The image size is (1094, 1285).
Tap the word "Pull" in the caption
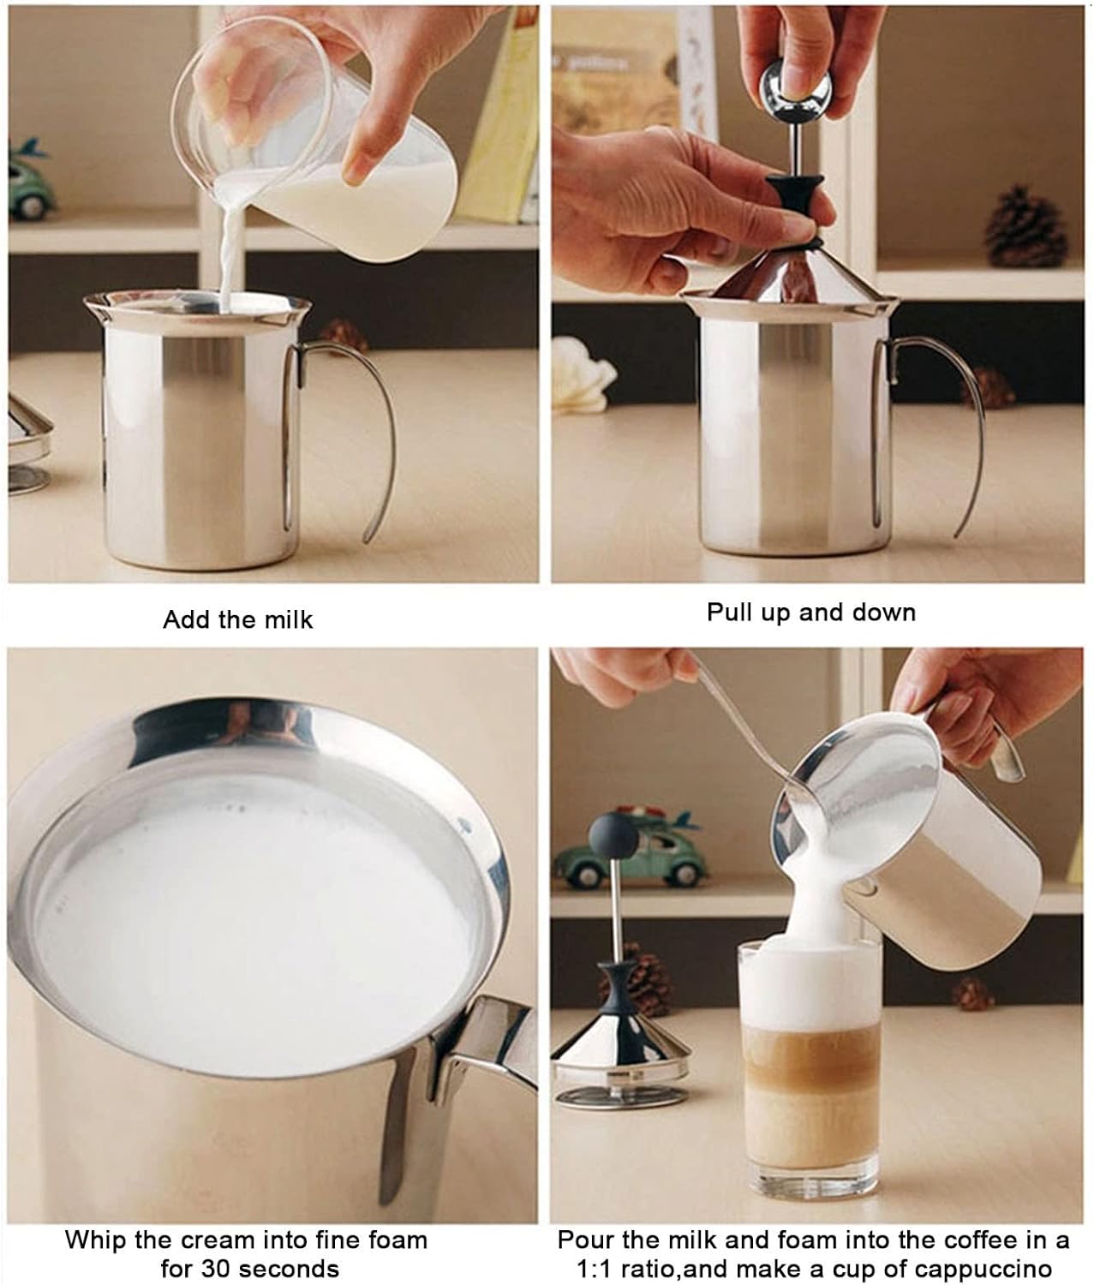pyautogui.click(x=729, y=613)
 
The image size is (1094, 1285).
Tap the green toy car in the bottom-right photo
pyautogui.click(x=631, y=850)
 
